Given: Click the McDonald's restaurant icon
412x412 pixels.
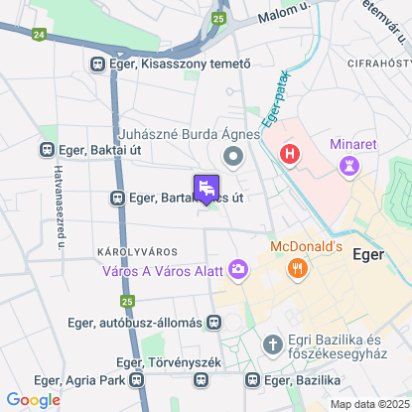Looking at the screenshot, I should tap(296, 268).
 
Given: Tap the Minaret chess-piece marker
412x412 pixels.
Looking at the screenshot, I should tap(346, 167).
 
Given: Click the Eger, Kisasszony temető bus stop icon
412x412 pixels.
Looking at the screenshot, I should tap(98, 64).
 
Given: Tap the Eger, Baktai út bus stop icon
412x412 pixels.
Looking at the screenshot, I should tap(46, 150).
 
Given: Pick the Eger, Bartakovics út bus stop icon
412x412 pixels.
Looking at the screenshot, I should tap(117, 199).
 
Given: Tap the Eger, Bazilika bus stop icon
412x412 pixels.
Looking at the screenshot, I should tap(253, 379).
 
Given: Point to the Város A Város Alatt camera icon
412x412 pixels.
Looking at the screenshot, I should tap(238, 268).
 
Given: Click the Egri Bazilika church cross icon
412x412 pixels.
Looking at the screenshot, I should tap(274, 343).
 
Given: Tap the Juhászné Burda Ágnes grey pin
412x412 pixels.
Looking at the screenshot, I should tap(234, 155).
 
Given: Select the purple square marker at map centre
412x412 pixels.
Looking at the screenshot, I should tap(207, 188).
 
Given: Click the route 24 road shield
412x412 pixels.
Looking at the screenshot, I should tap(38, 34).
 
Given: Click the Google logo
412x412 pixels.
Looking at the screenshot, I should tap(33, 399).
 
